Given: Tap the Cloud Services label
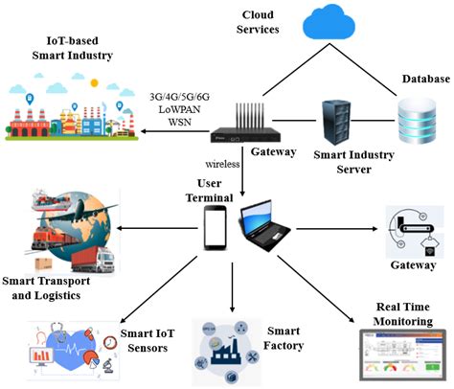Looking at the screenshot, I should click(260, 22).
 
